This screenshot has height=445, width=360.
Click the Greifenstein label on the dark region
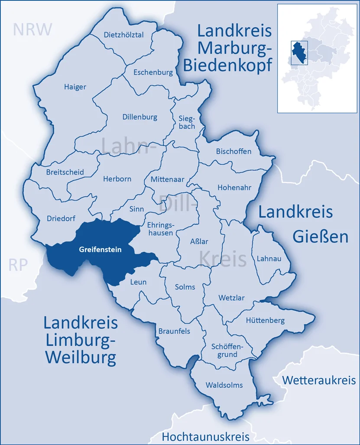point(100,250)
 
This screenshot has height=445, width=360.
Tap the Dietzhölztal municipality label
point(123,35)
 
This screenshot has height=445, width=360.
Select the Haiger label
point(75,87)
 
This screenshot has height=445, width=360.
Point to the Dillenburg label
point(139,117)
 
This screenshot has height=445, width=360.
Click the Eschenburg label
point(153,72)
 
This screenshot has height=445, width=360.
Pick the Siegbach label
point(187,122)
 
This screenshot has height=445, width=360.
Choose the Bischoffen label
point(233,151)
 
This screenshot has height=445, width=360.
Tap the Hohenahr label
point(234,188)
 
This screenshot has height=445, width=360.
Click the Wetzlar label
point(231,298)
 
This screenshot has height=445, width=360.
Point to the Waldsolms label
point(224,385)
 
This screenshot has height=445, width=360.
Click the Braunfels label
point(174,331)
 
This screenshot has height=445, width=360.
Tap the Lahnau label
point(269,259)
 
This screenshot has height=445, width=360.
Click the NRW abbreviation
point(32,29)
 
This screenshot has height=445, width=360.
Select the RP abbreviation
point(18,265)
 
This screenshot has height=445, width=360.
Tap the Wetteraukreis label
point(319,380)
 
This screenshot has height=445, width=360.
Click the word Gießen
point(321,237)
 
